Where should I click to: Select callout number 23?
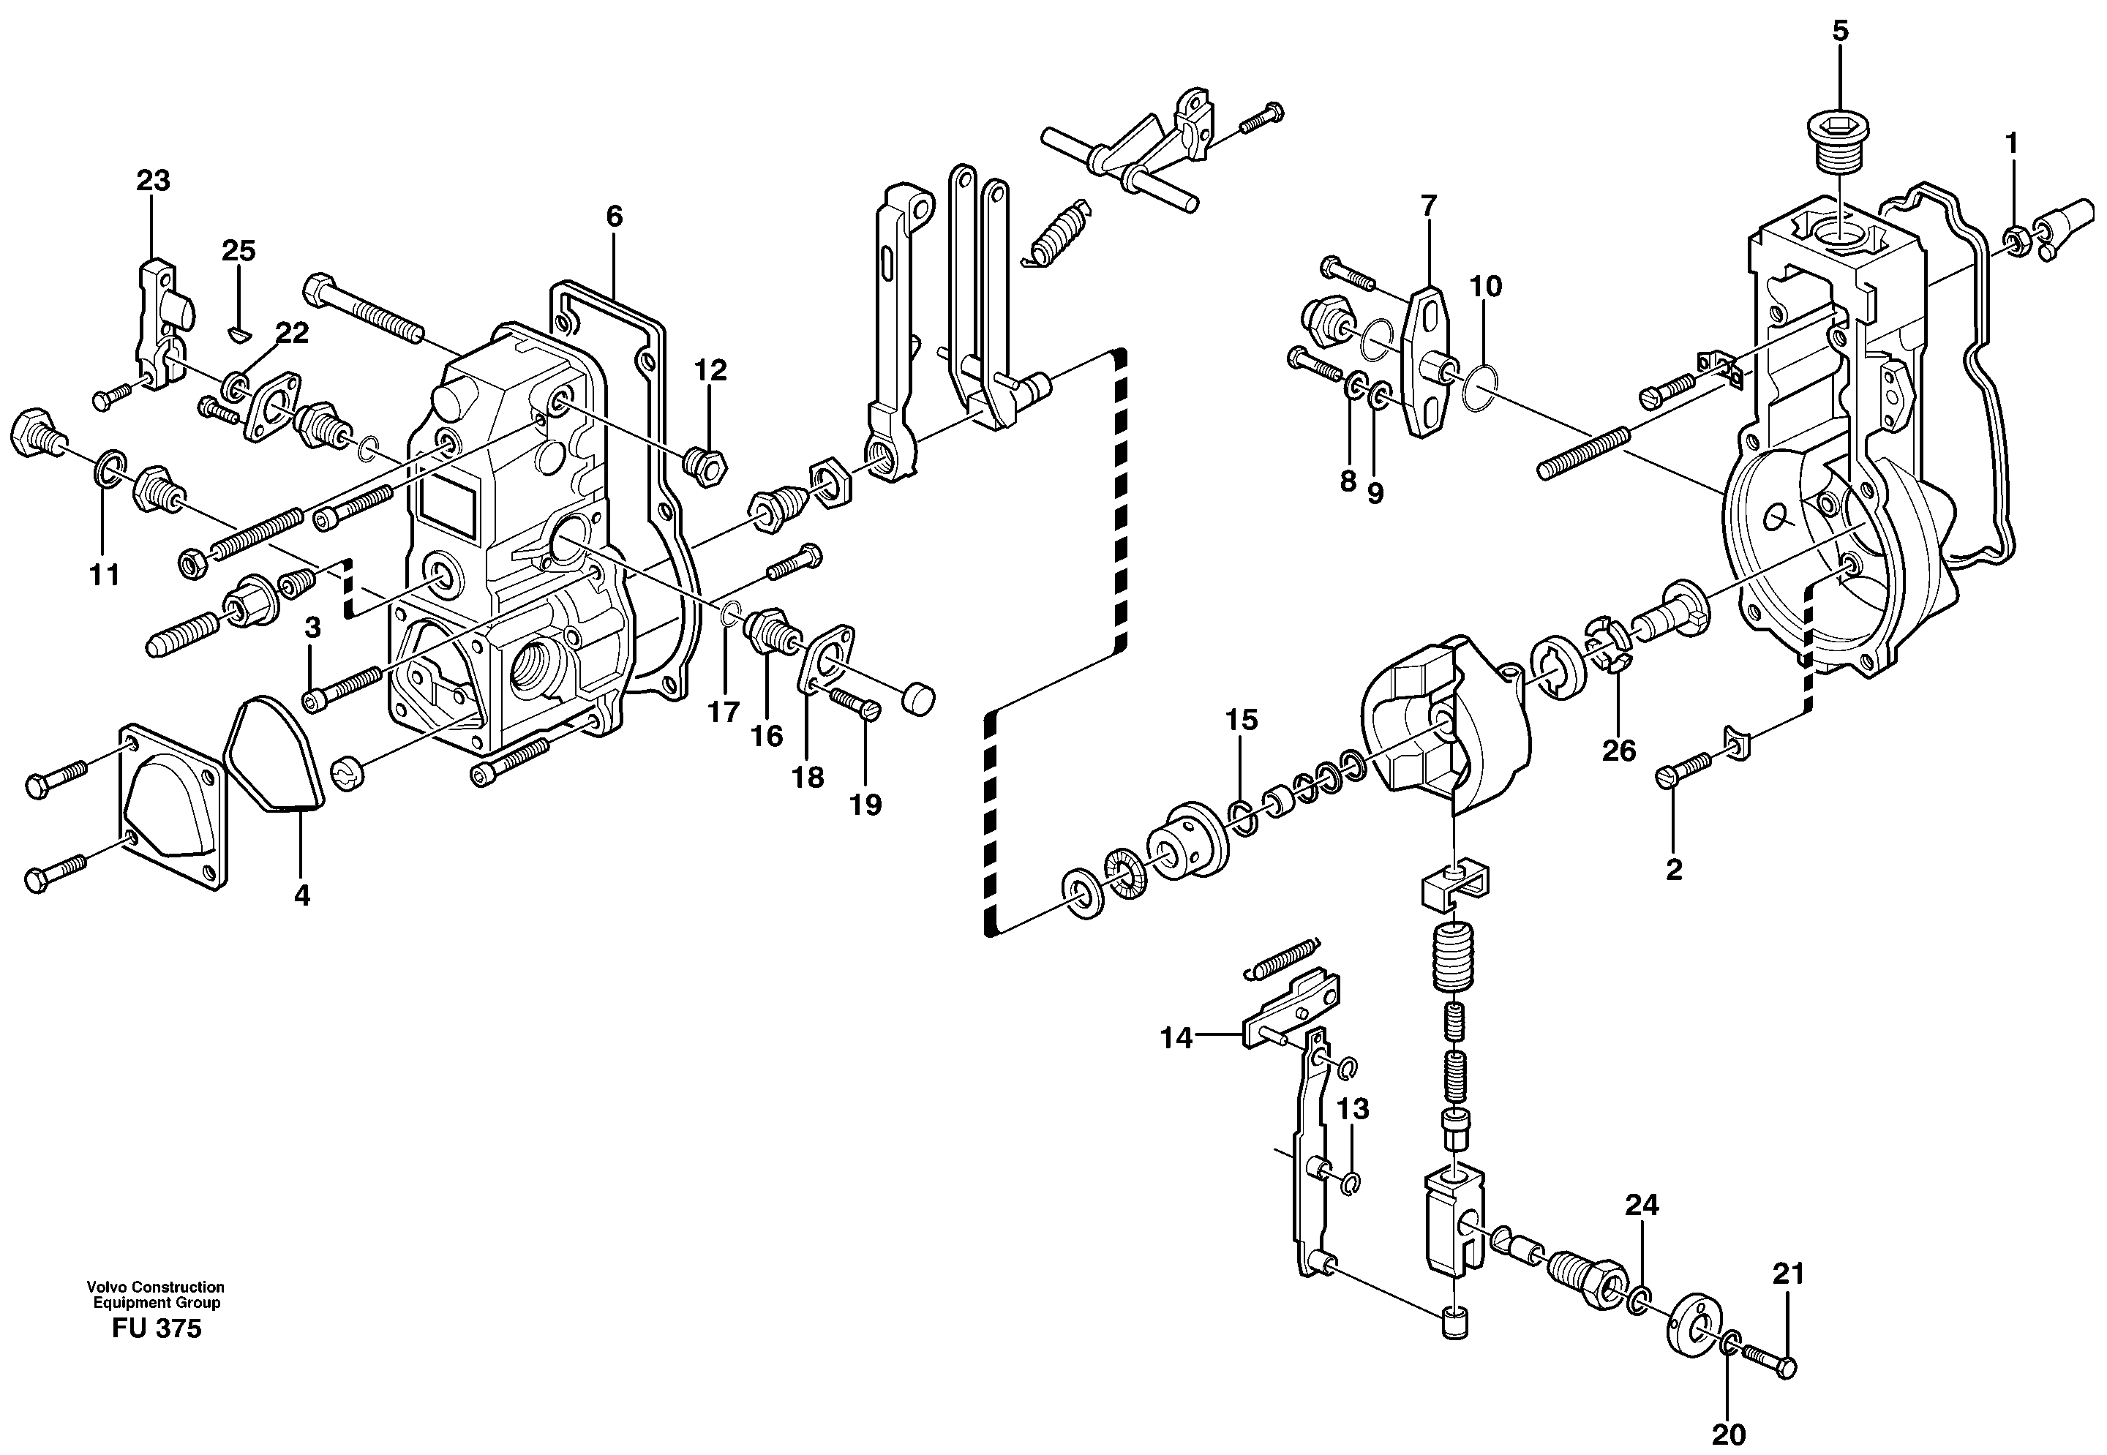click(153, 181)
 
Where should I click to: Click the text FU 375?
click(156, 1328)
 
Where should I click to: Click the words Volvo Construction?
click(155, 1286)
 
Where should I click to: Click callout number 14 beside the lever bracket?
click(1176, 1037)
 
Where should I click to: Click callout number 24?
click(1641, 1206)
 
